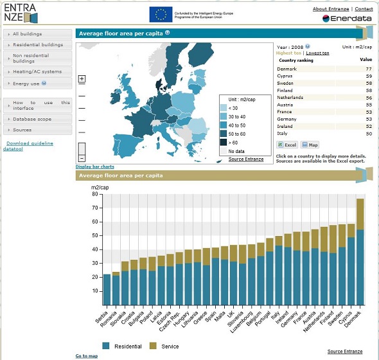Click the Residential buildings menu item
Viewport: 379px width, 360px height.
pos(37,45)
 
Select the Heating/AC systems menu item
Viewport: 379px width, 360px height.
pos(37,71)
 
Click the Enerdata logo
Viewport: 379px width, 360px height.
pos(347,19)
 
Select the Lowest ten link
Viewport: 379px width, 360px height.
pos(317,53)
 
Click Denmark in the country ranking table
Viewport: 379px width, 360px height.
pos(287,69)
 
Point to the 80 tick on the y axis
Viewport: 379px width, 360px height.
pos(94,194)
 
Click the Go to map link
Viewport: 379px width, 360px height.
pos(86,356)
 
